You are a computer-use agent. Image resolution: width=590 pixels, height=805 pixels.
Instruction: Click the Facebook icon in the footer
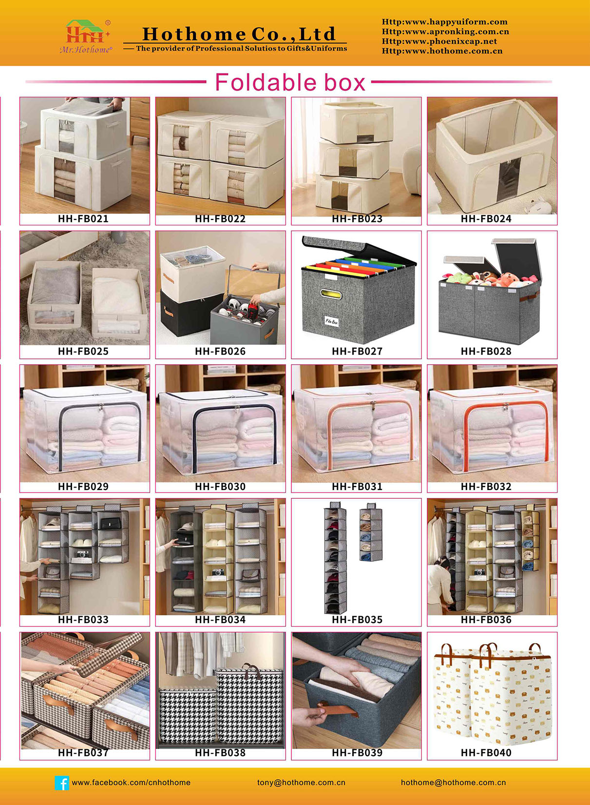62,783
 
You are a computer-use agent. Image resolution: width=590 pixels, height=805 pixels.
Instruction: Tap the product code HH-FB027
357,351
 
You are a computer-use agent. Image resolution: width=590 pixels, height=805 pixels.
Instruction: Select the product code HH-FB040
486,752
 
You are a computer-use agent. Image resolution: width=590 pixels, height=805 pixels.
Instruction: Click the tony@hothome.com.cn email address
301,783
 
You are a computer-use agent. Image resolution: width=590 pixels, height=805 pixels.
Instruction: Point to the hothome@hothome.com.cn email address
453,783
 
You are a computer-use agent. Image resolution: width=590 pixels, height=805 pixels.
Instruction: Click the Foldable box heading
290,82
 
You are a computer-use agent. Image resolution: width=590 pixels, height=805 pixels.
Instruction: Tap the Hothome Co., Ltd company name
239,34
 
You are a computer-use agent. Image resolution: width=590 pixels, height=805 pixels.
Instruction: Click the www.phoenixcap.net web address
439,41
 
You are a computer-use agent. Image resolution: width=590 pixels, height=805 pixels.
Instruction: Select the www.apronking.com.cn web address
445,32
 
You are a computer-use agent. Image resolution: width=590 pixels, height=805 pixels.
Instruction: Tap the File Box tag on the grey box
331,321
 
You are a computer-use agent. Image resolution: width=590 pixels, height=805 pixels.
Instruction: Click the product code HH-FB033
83,619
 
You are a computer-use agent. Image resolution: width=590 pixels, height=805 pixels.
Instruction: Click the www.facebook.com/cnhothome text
131,783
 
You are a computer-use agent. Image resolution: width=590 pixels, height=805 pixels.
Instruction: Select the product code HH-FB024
486,218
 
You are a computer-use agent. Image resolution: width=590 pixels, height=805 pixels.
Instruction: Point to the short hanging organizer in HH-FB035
371,531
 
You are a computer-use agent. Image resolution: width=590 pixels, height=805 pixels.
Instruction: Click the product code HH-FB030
220,486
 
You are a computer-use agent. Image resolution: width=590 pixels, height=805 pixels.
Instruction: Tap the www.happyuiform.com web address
444,22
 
